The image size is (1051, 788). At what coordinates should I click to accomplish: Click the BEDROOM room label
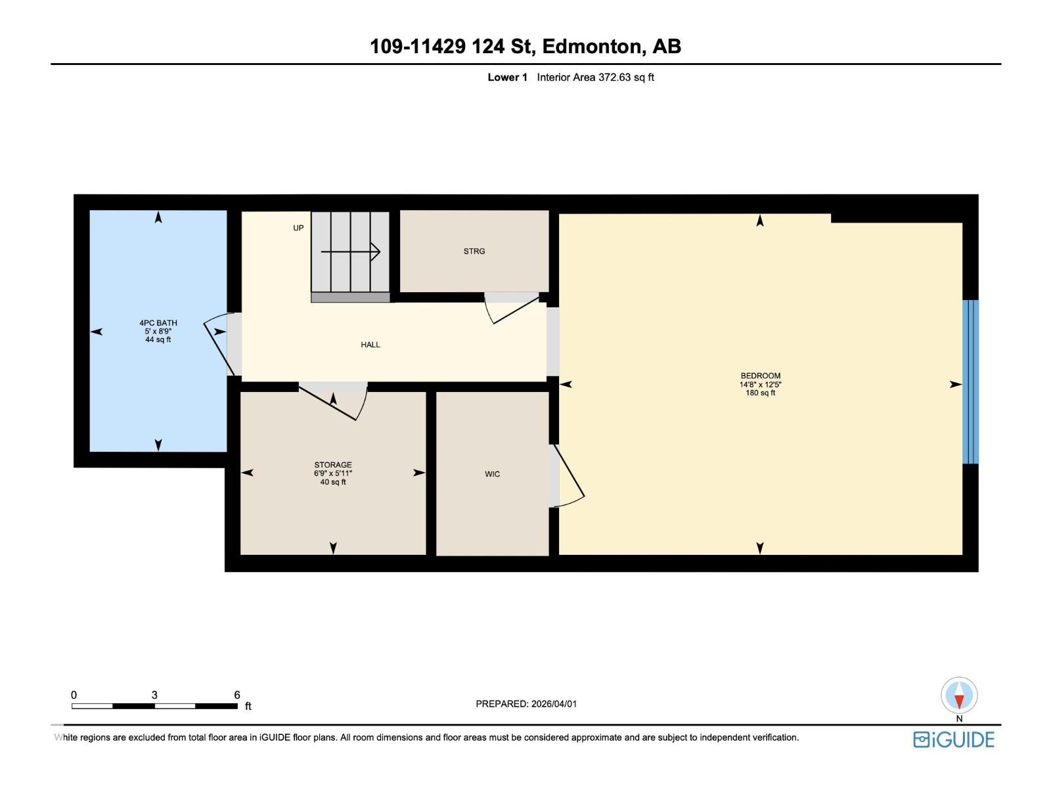(760, 376)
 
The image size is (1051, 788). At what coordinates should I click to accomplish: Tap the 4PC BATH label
(158, 322)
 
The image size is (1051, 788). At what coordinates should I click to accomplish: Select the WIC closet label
(492, 474)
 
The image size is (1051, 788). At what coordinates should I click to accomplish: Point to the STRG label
(474, 252)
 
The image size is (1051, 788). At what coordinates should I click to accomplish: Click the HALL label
(370, 345)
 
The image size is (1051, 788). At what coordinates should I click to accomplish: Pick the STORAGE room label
(333, 465)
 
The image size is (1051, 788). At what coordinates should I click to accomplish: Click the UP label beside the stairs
(298, 228)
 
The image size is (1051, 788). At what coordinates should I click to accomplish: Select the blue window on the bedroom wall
(970, 382)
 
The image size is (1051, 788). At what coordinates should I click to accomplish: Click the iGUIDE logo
(954, 739)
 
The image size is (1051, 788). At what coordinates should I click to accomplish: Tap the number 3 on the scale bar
(154, 695)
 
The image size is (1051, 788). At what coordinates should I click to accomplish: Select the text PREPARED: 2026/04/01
(526, 704)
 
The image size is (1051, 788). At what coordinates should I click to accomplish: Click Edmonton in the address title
(591, 47)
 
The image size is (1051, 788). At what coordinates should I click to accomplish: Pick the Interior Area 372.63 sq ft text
(595, 77)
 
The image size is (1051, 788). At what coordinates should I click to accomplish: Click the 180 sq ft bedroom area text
(760, 393)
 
